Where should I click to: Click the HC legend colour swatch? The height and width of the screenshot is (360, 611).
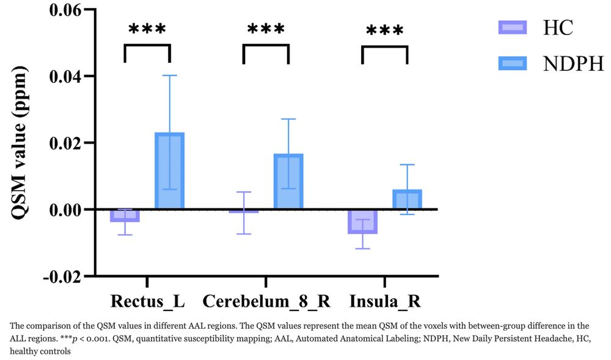(x=512, y=27)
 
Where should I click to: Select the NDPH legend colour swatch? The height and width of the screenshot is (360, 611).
(x=512, y=63)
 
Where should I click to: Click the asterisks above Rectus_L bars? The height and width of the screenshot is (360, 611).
(x=147, y=29)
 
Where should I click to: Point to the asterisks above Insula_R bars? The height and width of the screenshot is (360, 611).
(x=384, y=31)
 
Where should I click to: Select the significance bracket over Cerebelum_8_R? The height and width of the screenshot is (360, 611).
(x=265, y=45)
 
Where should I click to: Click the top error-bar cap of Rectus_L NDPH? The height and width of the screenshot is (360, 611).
(x=169, y=75)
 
